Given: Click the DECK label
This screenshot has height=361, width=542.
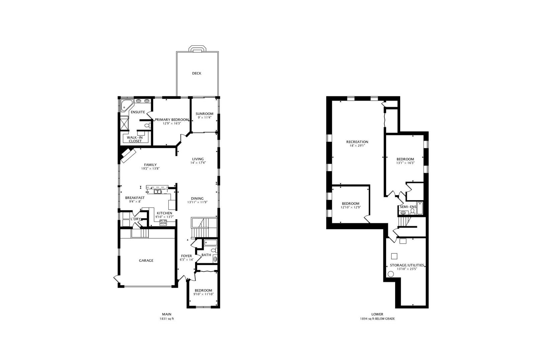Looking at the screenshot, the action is click(196, 73).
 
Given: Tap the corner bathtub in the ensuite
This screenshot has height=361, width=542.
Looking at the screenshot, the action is click(126, 105).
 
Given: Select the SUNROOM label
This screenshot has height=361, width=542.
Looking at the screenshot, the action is click(204, 114).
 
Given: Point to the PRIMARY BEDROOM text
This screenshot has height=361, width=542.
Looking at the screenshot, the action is click(172, 120).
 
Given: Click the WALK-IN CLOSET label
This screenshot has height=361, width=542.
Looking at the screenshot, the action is click(135, 139).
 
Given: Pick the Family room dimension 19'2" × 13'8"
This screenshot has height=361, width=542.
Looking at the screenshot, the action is click(150, 168).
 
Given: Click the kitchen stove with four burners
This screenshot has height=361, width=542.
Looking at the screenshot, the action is click(163, 223).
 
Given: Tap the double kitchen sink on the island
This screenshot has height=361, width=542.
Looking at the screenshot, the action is click(158, 192).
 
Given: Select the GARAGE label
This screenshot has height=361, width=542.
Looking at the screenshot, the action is click(146, 260).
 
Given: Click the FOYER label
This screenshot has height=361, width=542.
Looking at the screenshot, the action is click(187, 256).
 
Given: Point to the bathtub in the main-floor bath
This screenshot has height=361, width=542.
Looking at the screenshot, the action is click(210, 243).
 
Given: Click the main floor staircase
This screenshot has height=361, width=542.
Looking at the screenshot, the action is click(204, 228).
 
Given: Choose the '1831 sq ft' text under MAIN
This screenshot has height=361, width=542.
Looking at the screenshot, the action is click(167, 319).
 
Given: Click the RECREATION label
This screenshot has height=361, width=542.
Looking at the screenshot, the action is click(357, 142).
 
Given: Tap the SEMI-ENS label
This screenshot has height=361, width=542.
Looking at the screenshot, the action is click(408, 207).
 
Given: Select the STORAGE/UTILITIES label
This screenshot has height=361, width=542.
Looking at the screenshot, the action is click(407, 265).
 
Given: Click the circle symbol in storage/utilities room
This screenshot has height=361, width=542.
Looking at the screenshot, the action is click(390, 274).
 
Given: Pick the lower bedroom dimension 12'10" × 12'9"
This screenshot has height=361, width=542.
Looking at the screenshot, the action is click(351, 207).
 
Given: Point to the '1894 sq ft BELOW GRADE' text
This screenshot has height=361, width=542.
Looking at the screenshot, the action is click(377, 319).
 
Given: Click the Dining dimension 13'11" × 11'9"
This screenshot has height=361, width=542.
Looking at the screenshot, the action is click(197, 202).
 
